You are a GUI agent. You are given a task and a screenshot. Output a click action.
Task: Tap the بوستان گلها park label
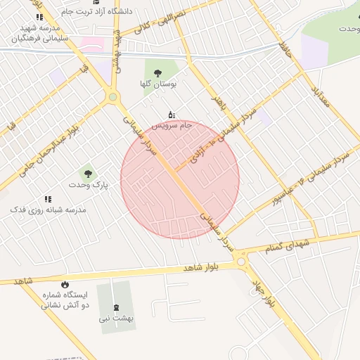click(157, 84)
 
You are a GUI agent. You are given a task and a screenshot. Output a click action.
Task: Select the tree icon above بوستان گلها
click(157, 72)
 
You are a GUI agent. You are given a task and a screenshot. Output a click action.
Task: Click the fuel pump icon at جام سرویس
click(172, 114)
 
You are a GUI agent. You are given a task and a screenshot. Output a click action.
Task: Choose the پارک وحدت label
click(87, 184)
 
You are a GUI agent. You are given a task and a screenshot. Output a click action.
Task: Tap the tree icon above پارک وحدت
click(87, 172)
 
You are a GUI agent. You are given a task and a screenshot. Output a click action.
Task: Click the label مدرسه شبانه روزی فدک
click(48, 210)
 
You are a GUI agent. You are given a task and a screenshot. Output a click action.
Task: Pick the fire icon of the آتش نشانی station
click(66, 284)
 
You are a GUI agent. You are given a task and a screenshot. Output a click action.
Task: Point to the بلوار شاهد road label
click(202, 268)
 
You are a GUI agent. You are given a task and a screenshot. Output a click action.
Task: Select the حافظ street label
click(284, 50)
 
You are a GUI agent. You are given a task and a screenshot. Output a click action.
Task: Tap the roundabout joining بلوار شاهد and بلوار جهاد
click(243, 262)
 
